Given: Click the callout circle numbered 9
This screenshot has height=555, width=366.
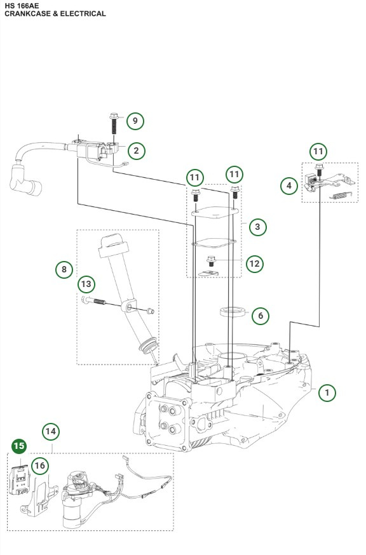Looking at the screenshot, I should (x=135, y=121).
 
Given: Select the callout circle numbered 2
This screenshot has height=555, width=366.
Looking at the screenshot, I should (x=135, y=150).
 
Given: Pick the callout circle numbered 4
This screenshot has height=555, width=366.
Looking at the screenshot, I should (x=290, y=185).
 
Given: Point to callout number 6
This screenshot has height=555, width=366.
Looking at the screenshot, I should (x=260, y=315).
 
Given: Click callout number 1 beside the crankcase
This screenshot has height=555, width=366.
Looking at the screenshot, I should (x=327, y=393).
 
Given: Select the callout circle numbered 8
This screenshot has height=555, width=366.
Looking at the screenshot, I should (x=64, y=269).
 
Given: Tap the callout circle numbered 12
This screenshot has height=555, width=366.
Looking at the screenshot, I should (x=255, y=263).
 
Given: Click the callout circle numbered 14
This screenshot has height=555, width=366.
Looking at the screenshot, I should (x=51, y=432).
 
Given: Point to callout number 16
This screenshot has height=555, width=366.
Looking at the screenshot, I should (x=40, y=466).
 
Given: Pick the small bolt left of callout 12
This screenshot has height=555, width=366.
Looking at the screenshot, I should (x=212, y=260).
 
